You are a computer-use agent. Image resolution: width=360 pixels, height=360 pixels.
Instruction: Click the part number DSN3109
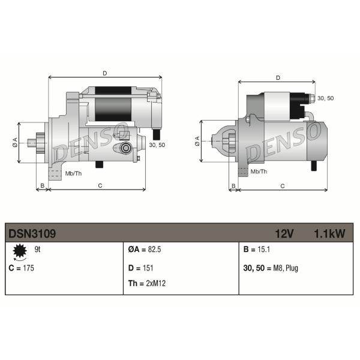[32, 233]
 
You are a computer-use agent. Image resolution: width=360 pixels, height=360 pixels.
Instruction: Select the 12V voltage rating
[284, 233]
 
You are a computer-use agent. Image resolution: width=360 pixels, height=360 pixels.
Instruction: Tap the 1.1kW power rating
[329, 233]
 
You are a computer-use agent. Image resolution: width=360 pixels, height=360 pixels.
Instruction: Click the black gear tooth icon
[20, 251]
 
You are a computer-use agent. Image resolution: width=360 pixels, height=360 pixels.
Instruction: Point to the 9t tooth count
[37, 250]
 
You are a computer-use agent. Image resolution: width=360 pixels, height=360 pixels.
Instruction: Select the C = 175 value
[21, 268]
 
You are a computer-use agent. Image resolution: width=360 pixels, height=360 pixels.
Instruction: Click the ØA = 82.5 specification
[145, 250]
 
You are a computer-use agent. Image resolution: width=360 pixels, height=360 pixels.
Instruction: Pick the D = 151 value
[141, 268]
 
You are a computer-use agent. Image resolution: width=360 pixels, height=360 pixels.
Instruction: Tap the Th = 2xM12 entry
[147, 283]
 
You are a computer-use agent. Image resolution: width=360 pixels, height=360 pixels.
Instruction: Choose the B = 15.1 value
[256, 250]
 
